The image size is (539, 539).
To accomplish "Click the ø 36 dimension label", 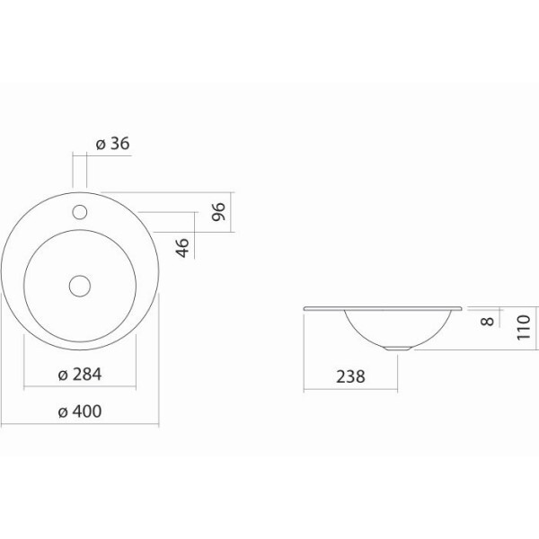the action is point(113,144).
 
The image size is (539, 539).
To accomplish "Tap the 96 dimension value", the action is point(218,212).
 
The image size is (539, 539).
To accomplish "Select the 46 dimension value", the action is point(182,248).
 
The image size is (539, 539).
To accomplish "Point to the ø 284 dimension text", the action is point(80,375).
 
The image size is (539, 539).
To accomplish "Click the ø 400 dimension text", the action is point(80,411).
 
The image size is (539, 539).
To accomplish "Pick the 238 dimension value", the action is point(350,376).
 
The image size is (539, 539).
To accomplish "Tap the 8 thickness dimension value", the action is point(488,321).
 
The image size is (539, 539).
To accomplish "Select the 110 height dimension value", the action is point(524,327).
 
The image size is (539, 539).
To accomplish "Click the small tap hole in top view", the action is point(80,212).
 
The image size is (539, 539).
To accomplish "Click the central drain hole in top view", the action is point(80,286).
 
